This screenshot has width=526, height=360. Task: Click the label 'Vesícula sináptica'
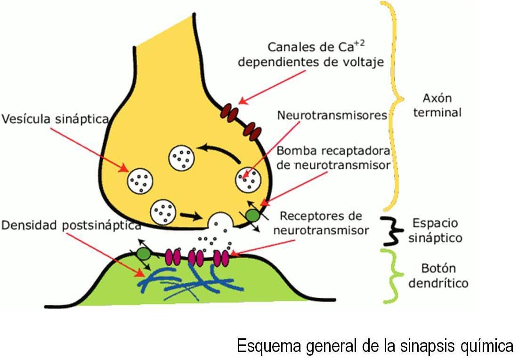[x=55, y=119]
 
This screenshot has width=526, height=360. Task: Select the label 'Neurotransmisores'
[x=332, y=115]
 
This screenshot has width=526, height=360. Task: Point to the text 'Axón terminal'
[x=437, y=106]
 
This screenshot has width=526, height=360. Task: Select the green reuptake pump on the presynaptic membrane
[x=253, y=216]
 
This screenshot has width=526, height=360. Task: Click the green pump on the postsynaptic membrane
[x=144, y=254]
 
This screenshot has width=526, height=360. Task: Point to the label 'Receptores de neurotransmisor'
[x=321, y=223]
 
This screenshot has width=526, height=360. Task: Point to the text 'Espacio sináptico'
[x=435, y=230]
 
